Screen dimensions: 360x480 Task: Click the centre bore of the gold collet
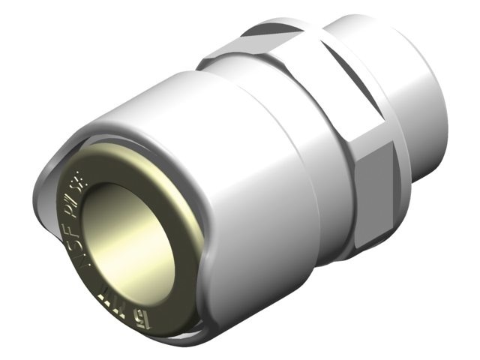pyautogui.click(x=127, y=232)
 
